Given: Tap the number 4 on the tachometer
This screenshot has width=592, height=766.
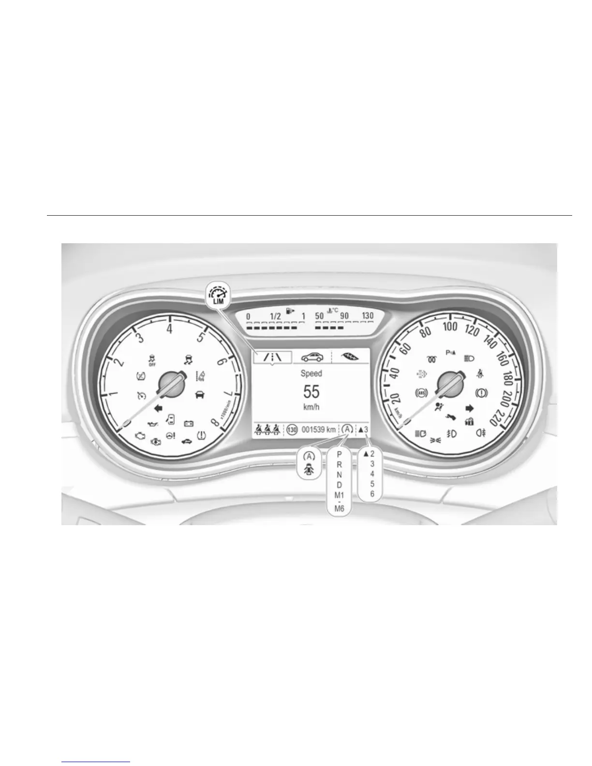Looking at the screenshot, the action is click(169, 329).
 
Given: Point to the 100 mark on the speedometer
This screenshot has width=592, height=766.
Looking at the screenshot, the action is click(450, 326).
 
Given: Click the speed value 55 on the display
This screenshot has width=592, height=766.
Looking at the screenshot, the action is click(311, 392).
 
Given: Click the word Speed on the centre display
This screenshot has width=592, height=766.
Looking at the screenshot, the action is click(311, 373).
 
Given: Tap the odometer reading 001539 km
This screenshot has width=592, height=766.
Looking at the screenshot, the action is click(318, 429).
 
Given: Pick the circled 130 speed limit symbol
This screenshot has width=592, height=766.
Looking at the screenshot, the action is click(292, 429).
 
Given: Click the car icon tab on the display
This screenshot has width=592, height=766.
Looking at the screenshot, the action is click(312, 357).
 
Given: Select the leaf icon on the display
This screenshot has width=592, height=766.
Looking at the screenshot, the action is click(351, 357).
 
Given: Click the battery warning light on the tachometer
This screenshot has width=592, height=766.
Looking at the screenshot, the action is click(189, 424).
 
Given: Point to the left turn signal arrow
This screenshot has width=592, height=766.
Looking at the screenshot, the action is click(158, 408).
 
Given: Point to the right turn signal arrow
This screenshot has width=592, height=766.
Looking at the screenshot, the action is click(469, 408).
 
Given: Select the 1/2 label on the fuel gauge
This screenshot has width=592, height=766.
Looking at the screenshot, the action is click(275, 316).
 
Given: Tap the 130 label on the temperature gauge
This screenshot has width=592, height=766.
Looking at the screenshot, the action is click(368, 316).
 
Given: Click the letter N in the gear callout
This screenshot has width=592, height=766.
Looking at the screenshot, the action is click(339, 475).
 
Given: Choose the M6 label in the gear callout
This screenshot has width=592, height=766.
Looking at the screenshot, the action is click(339, 509).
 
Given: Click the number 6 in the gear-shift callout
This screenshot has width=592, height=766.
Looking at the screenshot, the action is click(372, 494).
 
